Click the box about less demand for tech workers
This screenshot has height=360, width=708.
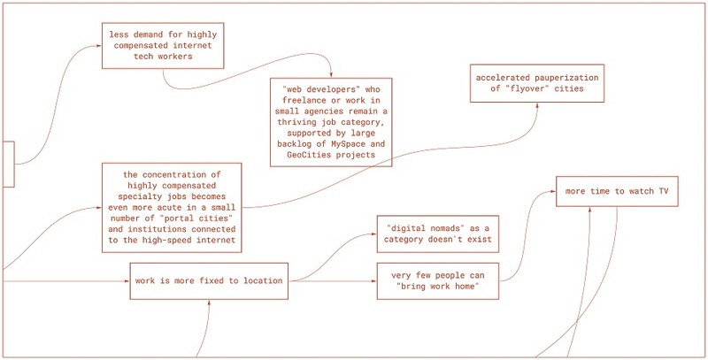163,46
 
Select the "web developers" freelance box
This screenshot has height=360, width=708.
331,122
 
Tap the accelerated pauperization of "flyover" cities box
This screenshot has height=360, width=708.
537,83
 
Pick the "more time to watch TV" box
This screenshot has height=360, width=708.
617,191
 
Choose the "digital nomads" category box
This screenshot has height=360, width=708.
438,234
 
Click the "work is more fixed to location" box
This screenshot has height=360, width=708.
209,280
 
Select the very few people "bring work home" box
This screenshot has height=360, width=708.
438,280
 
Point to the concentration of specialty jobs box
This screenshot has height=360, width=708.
172,208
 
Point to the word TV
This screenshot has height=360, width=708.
662,191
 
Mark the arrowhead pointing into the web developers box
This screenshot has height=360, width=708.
331,75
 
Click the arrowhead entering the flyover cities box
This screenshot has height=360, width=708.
537,105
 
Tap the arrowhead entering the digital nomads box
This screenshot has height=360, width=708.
373,234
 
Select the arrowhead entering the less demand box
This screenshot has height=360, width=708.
99,46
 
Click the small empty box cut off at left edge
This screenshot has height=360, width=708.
9,164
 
